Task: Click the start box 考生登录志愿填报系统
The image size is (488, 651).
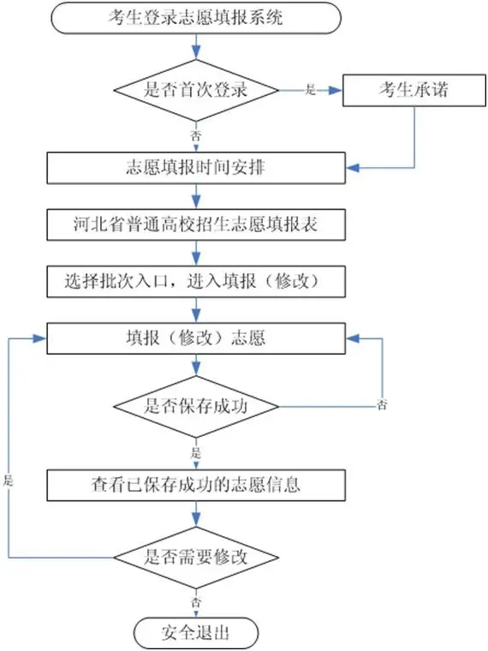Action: (x=197, y=19)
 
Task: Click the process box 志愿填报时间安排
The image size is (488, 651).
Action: (x=198, y=168)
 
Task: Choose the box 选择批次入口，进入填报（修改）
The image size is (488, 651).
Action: (x=198, y=280)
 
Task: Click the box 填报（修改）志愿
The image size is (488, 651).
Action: (x=198, y=337)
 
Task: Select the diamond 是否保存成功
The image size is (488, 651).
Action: (x=198, y=405)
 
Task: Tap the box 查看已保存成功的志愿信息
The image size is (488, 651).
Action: (x=198, y=485)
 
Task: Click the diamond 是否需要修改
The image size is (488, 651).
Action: (x=198, y=556)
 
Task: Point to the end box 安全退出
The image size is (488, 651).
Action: (x=197, y=634)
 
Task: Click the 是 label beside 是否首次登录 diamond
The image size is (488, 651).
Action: (x=311, y=89)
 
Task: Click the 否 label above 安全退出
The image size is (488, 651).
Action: (x=197, y=602)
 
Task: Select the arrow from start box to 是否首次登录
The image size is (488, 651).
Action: (x=198, y=47)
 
